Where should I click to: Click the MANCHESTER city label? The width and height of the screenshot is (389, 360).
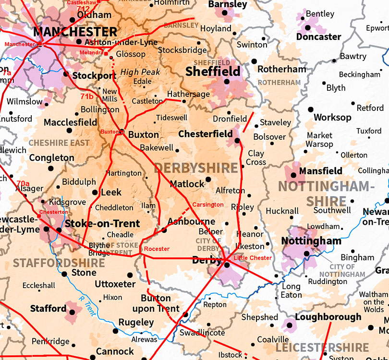75,32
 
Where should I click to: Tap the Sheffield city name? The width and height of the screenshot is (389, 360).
213,72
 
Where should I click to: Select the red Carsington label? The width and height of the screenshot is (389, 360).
207,205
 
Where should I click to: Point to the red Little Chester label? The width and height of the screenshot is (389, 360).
253,258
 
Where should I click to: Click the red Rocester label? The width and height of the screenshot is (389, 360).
157,249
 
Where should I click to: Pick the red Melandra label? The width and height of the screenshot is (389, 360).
92,52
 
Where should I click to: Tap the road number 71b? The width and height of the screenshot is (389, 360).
87,96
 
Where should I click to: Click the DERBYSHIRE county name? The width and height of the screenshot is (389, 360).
196,168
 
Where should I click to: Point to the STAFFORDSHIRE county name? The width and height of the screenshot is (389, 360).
59,263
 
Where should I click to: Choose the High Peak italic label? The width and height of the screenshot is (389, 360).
141,72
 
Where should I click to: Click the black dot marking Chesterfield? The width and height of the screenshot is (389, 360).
237,141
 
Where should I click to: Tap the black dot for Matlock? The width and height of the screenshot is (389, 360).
208,180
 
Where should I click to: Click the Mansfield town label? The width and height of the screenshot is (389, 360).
320,171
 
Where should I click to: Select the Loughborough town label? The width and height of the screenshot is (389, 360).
328,317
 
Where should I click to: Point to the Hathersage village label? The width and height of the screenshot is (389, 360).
188,94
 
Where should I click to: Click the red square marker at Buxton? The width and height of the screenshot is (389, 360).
122,132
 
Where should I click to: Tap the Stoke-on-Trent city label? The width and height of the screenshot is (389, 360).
102,223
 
